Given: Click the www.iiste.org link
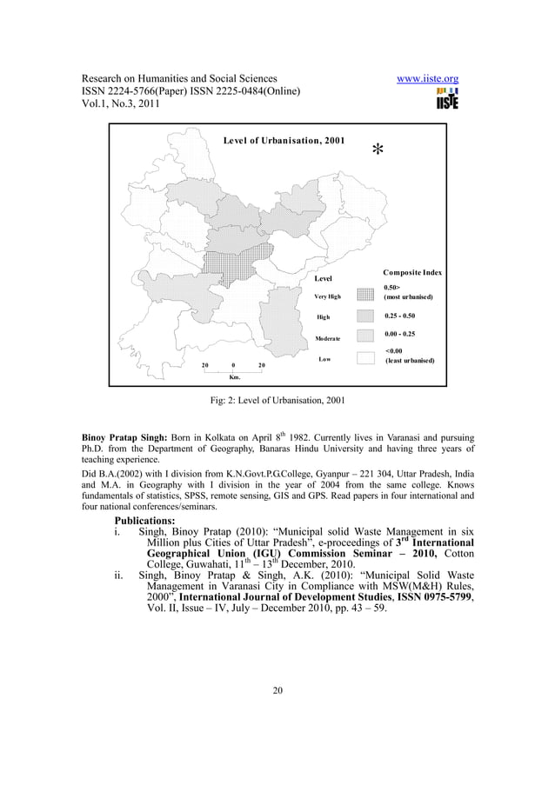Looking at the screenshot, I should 427,80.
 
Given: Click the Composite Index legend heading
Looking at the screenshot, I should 413,274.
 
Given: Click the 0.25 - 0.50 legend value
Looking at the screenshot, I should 400,316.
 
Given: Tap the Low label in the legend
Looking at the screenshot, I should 324,358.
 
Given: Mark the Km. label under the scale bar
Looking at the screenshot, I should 234,377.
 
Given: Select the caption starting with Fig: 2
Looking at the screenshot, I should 277,402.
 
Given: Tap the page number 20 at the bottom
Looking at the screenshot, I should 277,691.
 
